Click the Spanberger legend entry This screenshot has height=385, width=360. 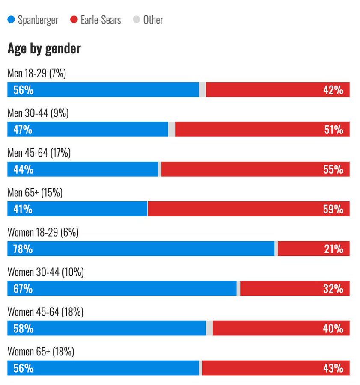(33, 20)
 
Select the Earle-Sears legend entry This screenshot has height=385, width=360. (96, 20)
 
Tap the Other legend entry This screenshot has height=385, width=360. (148, 20)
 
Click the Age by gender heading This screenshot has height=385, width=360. (44, 49)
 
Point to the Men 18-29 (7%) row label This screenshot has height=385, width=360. (37, 74)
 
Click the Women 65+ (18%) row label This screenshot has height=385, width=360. (41, 352)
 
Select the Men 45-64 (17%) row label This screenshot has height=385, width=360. (39, 153)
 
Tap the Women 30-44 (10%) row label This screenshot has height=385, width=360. (45, 272)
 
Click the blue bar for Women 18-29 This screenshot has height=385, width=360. (141, 249)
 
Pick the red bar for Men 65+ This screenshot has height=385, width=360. (248, 209)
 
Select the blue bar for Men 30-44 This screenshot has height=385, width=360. (88, 130)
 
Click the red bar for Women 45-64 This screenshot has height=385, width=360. (281, 329)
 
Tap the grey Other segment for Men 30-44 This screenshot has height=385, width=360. (172, 130)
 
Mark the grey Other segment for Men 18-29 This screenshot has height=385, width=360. (202, 90)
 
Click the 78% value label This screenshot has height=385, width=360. (23, 249)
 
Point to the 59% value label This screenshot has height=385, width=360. (333, 209)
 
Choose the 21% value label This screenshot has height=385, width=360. (333, 249)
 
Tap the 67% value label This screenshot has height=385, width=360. (23, 289)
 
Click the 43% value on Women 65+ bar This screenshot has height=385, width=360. (333, 368)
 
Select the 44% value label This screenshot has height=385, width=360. (23, 169)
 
